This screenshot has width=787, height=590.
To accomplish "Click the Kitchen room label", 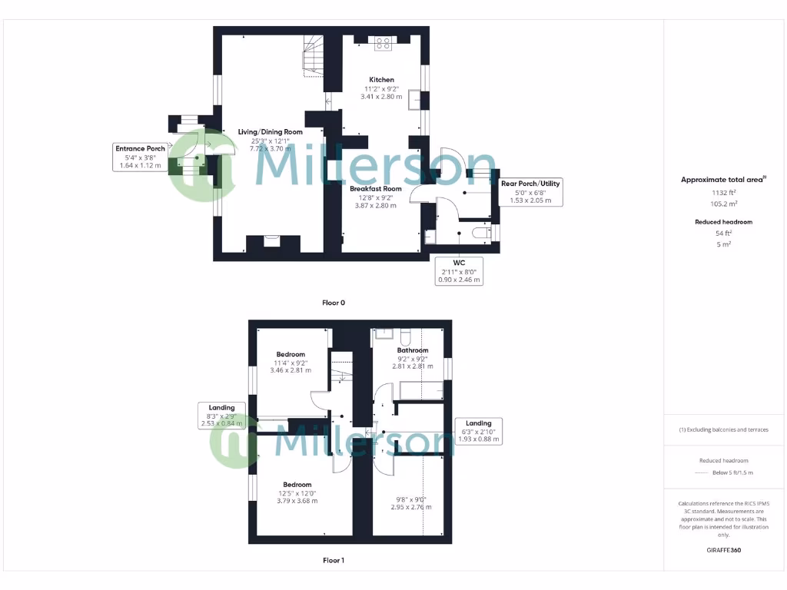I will pos(381,80).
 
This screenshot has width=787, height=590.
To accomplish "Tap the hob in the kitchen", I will pos(383,44).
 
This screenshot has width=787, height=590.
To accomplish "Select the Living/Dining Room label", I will pos(264,132).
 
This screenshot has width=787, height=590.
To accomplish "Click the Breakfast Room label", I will pos(376,188).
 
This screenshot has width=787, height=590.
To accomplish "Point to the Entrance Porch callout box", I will pos(140,157).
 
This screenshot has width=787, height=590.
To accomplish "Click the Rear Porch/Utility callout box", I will pos(530,191).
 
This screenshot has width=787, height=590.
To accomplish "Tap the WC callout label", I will pos(460,271).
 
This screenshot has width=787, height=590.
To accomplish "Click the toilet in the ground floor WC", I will pos(480,233).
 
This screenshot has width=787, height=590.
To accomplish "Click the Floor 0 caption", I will pos(333,303).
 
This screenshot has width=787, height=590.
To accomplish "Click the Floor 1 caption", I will pos(333,561).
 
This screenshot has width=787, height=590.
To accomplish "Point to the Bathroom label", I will pos(413,350).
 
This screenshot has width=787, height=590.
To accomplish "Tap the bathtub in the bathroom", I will pos(420,391).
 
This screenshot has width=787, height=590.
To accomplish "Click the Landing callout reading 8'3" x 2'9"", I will pos(221,415).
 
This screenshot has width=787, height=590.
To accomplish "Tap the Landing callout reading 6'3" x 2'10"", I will pos(478,431).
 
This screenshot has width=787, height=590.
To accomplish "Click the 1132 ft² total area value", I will pos(722,194).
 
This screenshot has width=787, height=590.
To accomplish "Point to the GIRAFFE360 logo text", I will pos(722,550).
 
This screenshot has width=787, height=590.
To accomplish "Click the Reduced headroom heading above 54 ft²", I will pos(722,222).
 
